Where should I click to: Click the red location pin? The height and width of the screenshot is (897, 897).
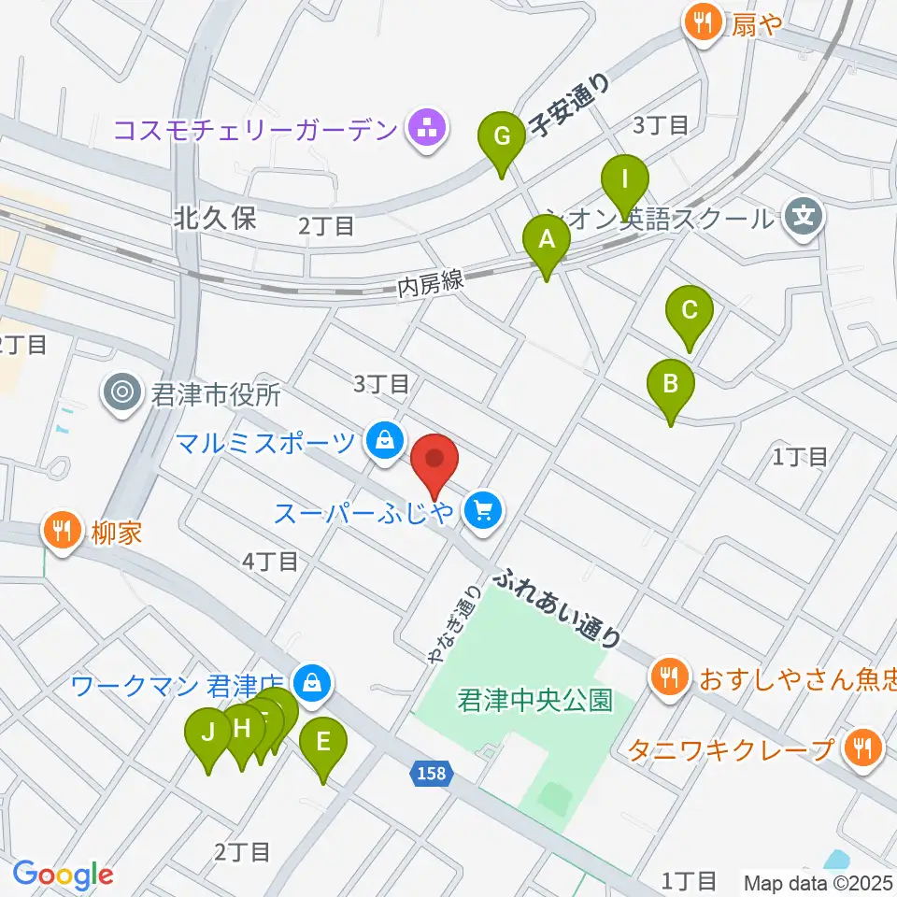434,461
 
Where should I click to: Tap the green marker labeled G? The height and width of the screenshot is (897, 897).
502,139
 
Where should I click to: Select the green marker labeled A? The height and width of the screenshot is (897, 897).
548,241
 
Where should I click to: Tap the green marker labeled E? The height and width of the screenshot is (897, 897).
323,745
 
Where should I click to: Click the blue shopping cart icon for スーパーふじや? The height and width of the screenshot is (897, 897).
483,510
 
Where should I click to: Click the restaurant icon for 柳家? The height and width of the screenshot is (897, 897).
62,533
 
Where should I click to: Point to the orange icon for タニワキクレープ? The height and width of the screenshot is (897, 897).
862,747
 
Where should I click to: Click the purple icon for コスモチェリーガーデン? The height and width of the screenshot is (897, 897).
428,128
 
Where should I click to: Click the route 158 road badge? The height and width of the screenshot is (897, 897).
432,773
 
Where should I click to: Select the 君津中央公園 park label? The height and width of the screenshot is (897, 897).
535,699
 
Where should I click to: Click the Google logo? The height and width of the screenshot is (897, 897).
63,875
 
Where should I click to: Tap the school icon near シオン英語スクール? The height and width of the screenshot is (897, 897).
804,218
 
